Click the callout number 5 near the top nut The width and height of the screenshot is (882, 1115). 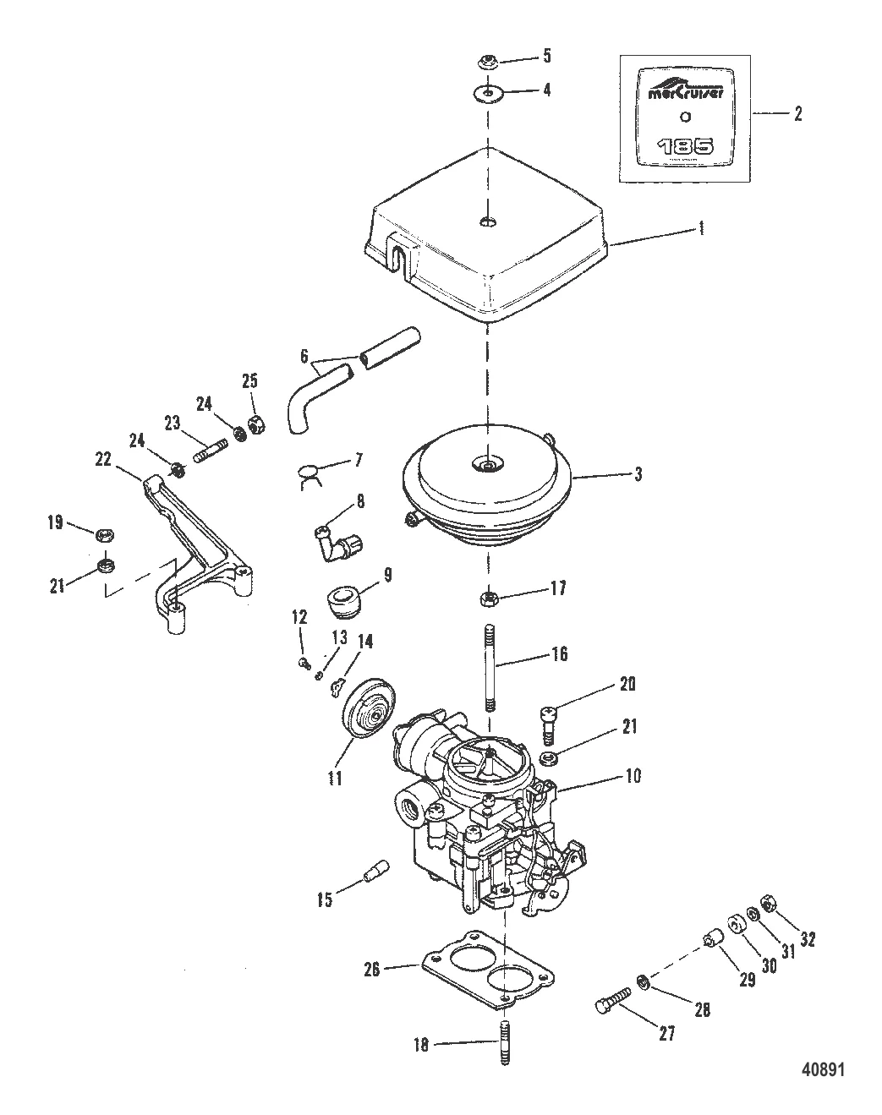click(x=545, y=57)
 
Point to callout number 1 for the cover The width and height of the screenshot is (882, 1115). click(x=700, y=228)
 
